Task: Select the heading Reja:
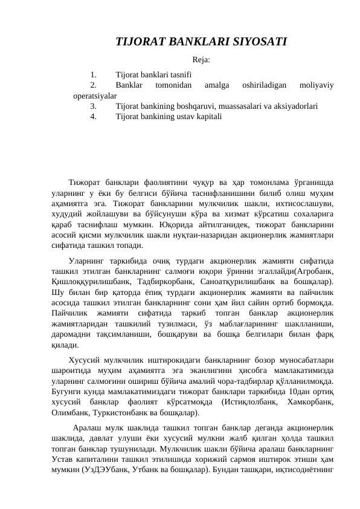[x=201, y=59]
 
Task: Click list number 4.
[x=93, y=115]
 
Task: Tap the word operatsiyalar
[x=95, y=96]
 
